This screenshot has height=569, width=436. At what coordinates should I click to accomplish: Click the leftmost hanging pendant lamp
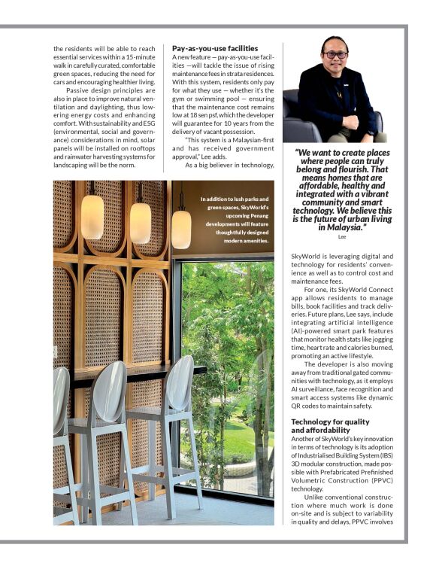pyautogui.click(x=92, y=216)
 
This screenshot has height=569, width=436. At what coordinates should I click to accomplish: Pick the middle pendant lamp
pyautogui.click(x=141, y=222)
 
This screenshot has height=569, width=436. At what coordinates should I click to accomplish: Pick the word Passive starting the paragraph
pyautogui.click(x=78, y=90)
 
